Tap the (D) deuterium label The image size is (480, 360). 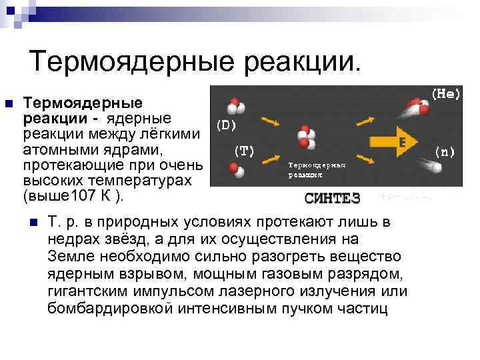point(226,124)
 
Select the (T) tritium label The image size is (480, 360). point(243,151)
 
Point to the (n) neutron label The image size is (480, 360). point(445,151)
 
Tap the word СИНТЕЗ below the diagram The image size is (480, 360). point(332,197)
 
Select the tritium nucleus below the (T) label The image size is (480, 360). point(235,171)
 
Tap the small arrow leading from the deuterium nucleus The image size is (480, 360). point(270,120)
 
